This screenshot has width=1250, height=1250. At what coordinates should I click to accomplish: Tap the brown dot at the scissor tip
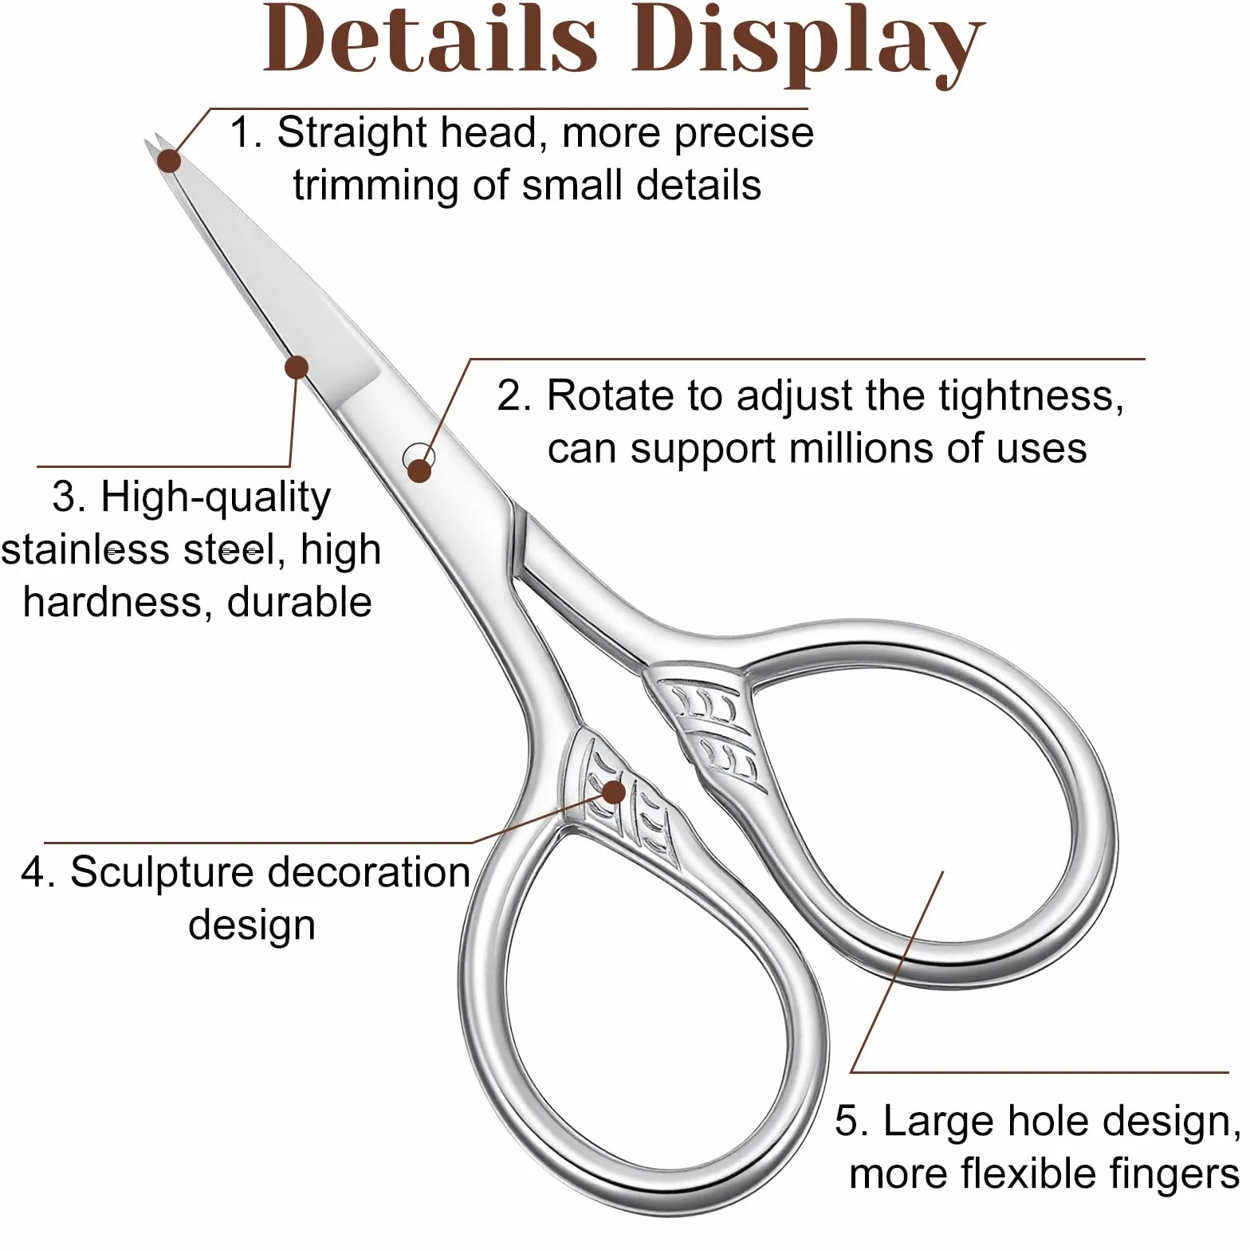[169, 160]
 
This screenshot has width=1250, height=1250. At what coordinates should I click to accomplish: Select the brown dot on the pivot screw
[419, 470]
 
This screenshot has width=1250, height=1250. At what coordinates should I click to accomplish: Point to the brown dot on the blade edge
[297, 368]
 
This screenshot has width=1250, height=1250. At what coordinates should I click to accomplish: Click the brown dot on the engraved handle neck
[614, 792]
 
